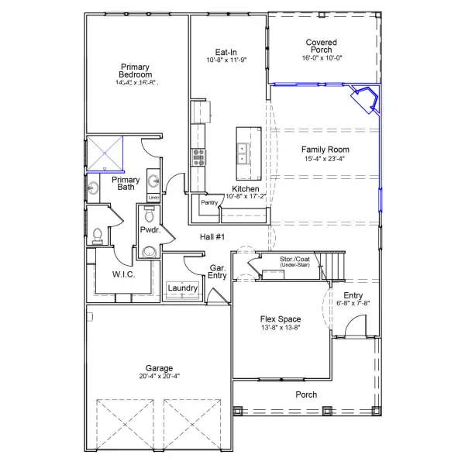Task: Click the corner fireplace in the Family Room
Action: coord(364,100)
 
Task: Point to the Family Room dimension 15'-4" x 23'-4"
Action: coord(325,159)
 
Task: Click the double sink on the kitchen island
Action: coord(243,152)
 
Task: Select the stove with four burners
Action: coord(198,157)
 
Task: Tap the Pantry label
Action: coord(208,203)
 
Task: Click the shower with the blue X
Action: coord(105,153)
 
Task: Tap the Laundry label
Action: coord(183,288)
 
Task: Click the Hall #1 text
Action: coord(212,237)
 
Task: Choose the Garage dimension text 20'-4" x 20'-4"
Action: coord(159,377)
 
